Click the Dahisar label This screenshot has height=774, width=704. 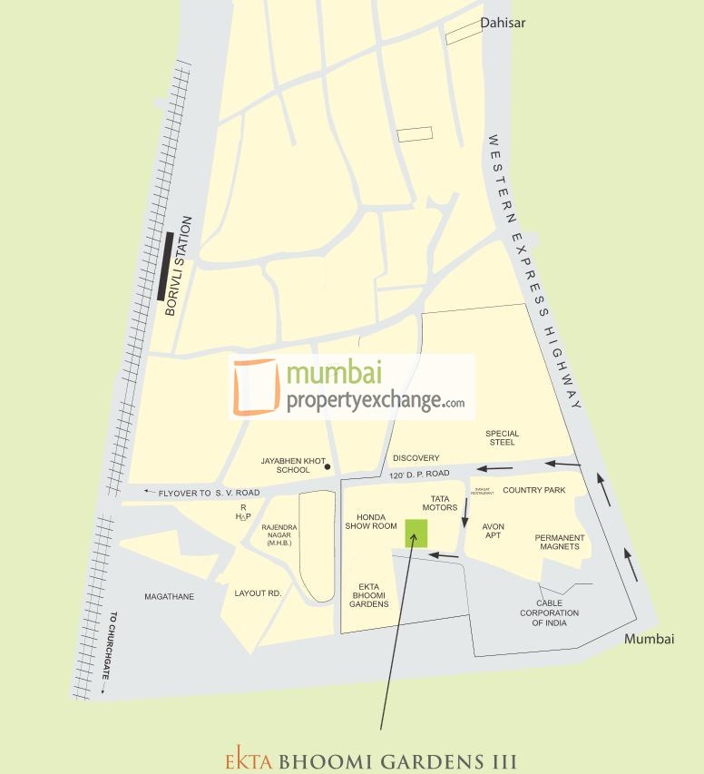click(504, 23)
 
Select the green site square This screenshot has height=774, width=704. click(416, 533)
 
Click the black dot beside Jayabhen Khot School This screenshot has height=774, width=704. click(328, 468)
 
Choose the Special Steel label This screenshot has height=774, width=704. click(502, 437)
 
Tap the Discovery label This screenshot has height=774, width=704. click(416, 458)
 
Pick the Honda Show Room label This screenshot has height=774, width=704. click(371, 521)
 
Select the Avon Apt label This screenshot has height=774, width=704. click(493, 531)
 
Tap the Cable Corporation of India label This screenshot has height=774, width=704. click(550, 613)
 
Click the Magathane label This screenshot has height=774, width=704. click(167, 596)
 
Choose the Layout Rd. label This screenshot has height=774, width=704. click(259, 593)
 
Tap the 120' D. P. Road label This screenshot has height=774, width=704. click(420, 475)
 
